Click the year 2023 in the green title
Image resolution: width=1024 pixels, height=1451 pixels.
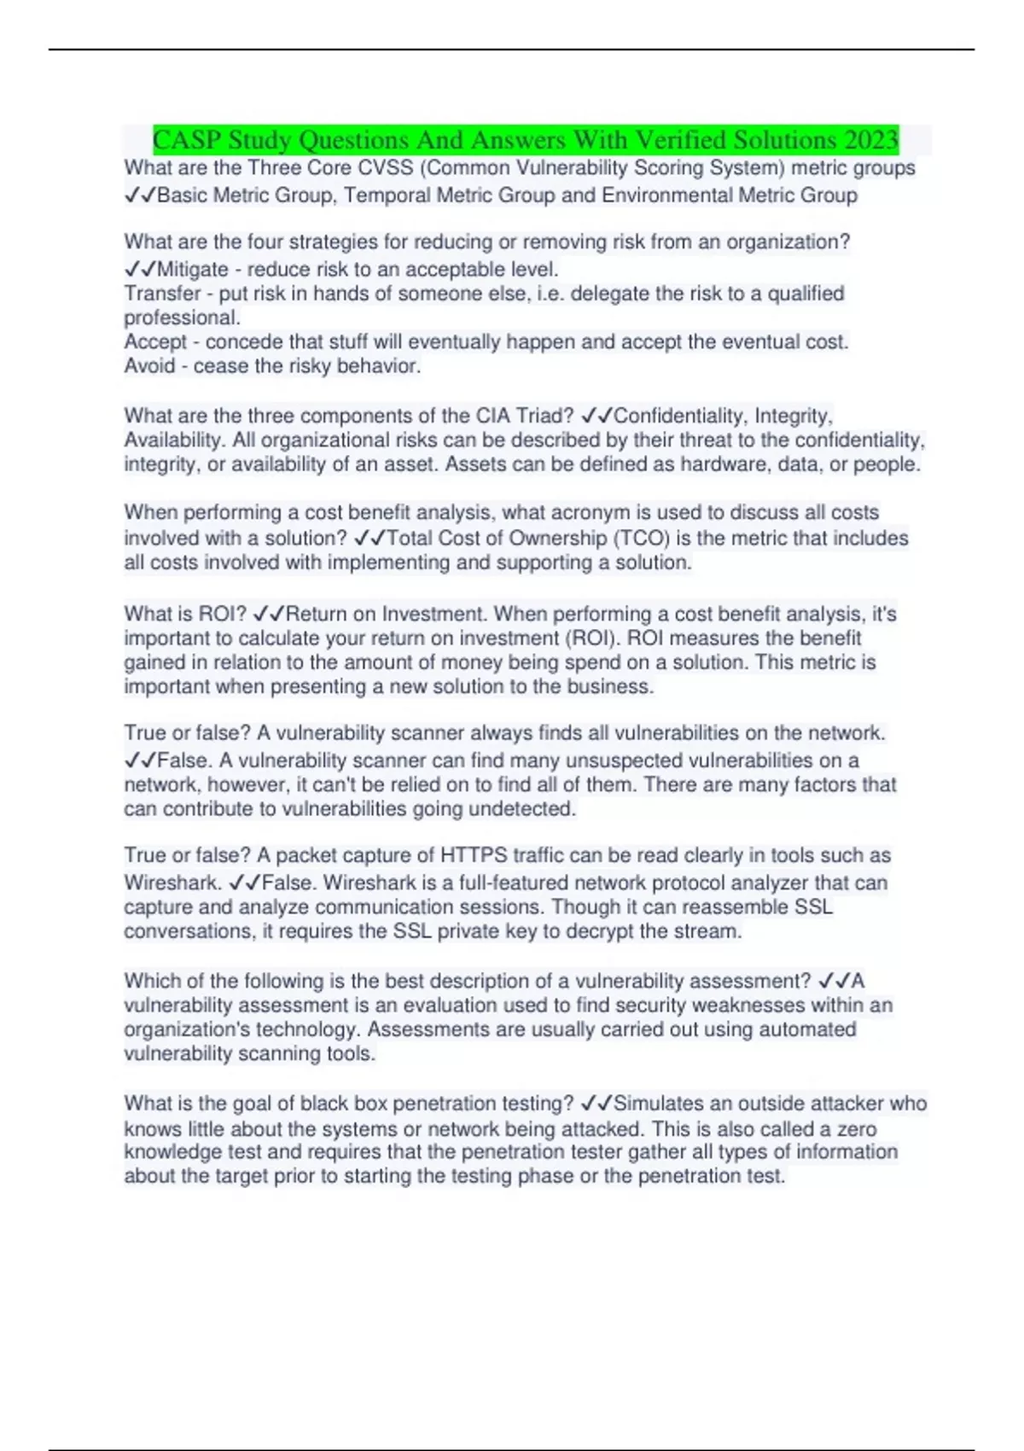(870, 139)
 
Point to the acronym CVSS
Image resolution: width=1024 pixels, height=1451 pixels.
(387, 168)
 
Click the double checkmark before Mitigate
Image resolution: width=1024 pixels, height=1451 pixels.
(140, 270)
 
